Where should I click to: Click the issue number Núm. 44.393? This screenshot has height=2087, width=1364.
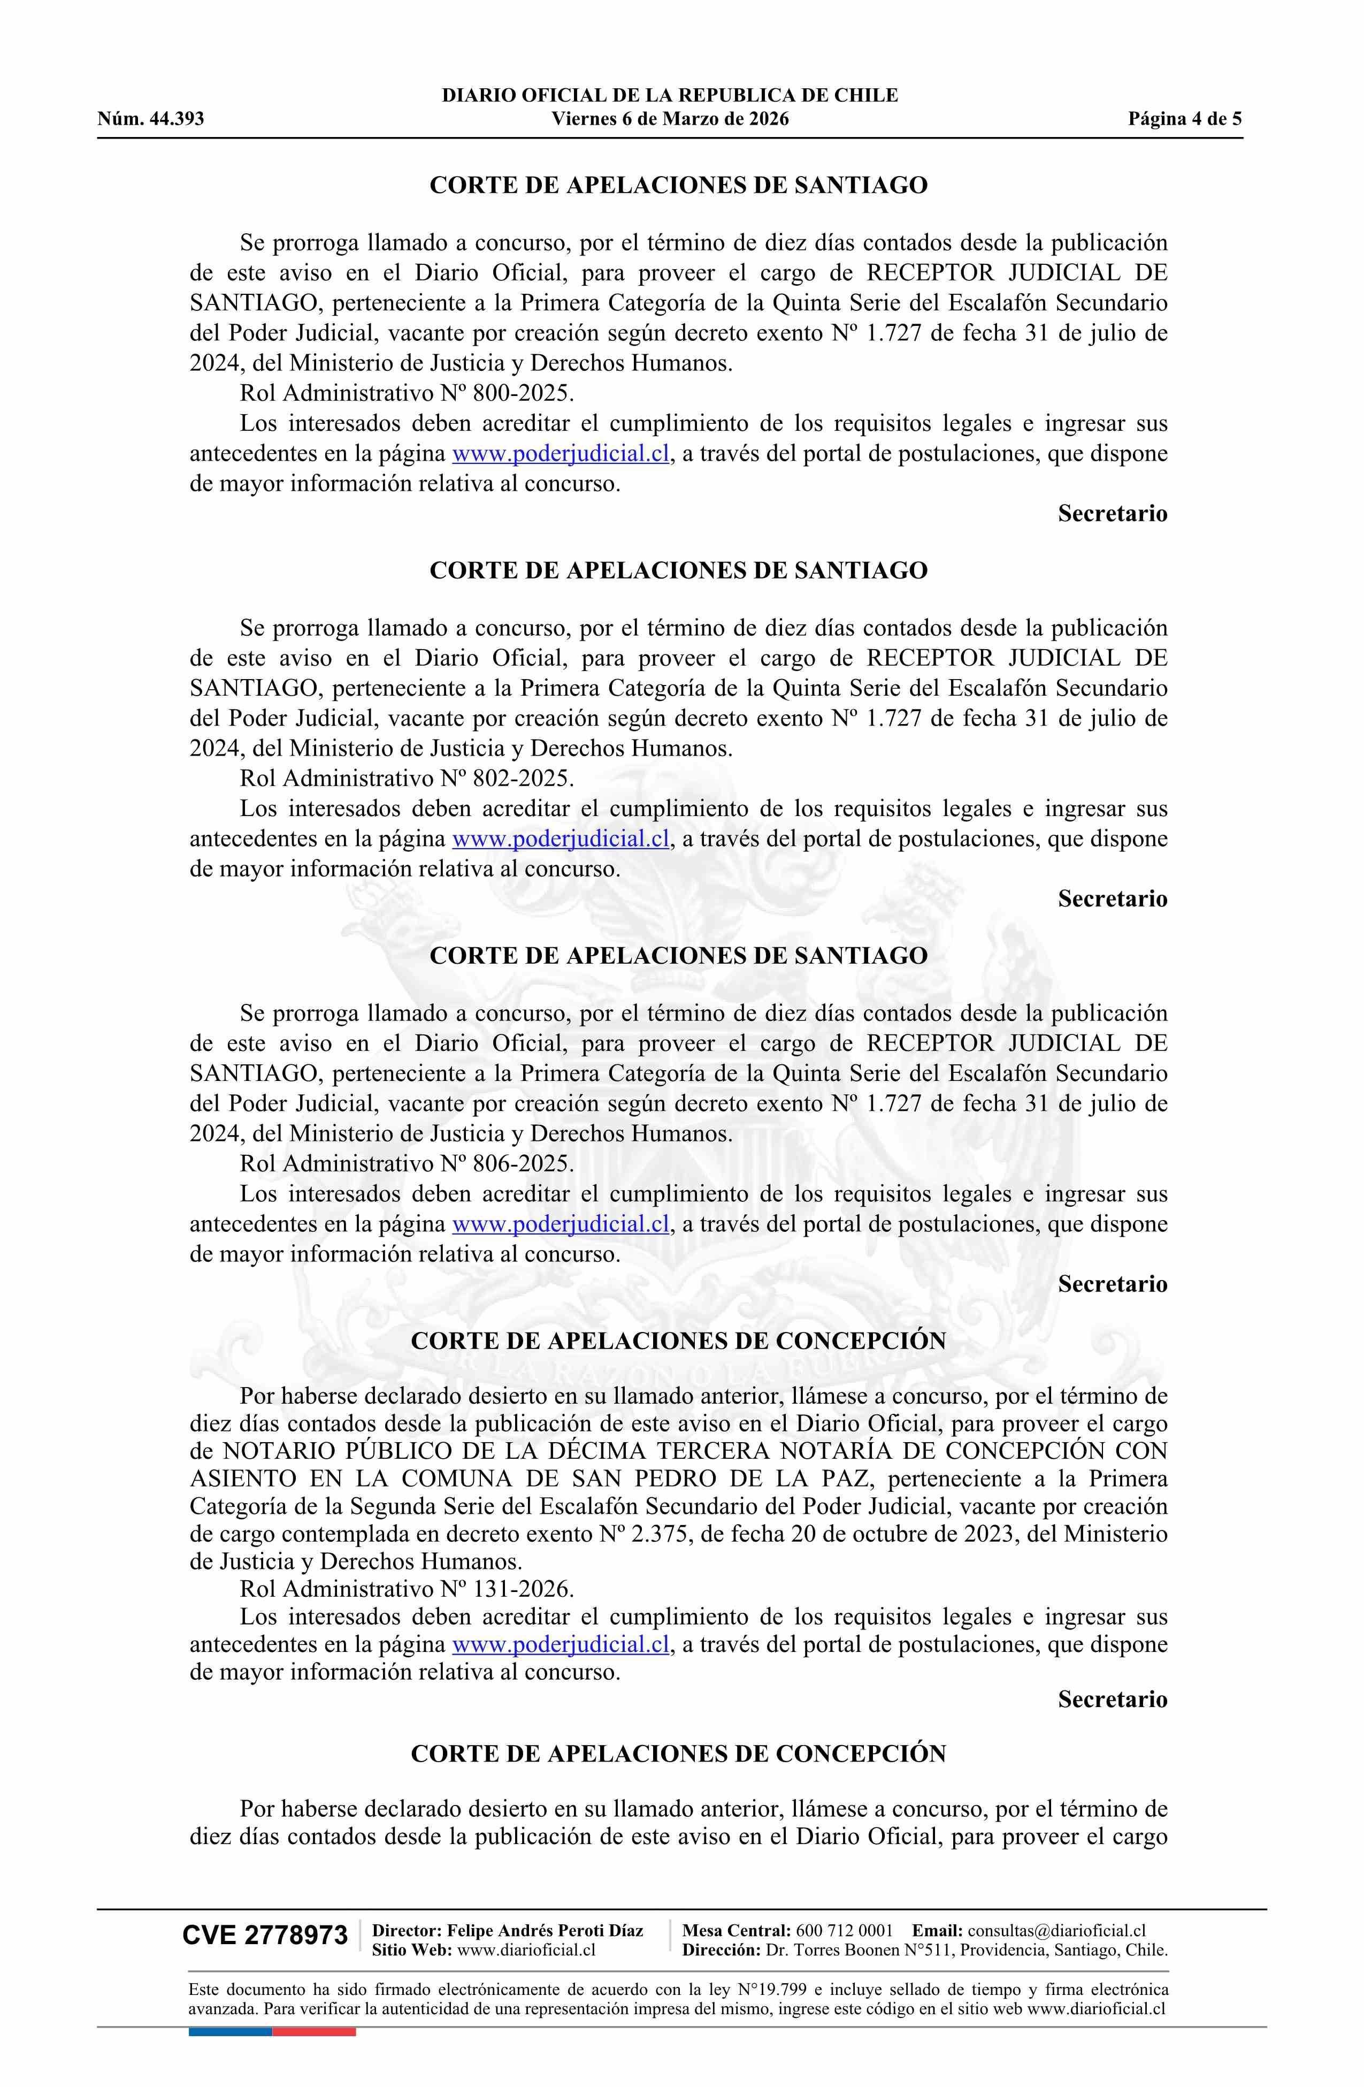click(x=150, y=119)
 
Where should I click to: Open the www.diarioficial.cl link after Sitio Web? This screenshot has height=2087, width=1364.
click(x=527, y=1950)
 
